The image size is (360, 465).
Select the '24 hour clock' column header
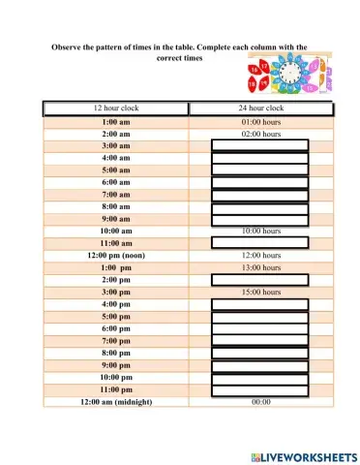click(260, 108)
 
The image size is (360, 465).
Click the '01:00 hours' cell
click(260, 123)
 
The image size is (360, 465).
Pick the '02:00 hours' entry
click(260, 135)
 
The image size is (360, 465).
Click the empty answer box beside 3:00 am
click(259, 146)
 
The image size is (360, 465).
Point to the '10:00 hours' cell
click(260, 232)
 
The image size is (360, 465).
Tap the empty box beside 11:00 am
click(259, 243)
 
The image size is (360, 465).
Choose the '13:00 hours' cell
click(260, 267)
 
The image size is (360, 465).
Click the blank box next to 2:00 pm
click(259, 280)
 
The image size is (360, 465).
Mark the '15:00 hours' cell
click(260, 292)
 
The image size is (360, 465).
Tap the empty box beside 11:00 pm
click(259, 389)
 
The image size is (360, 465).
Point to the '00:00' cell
click(260, 401)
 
